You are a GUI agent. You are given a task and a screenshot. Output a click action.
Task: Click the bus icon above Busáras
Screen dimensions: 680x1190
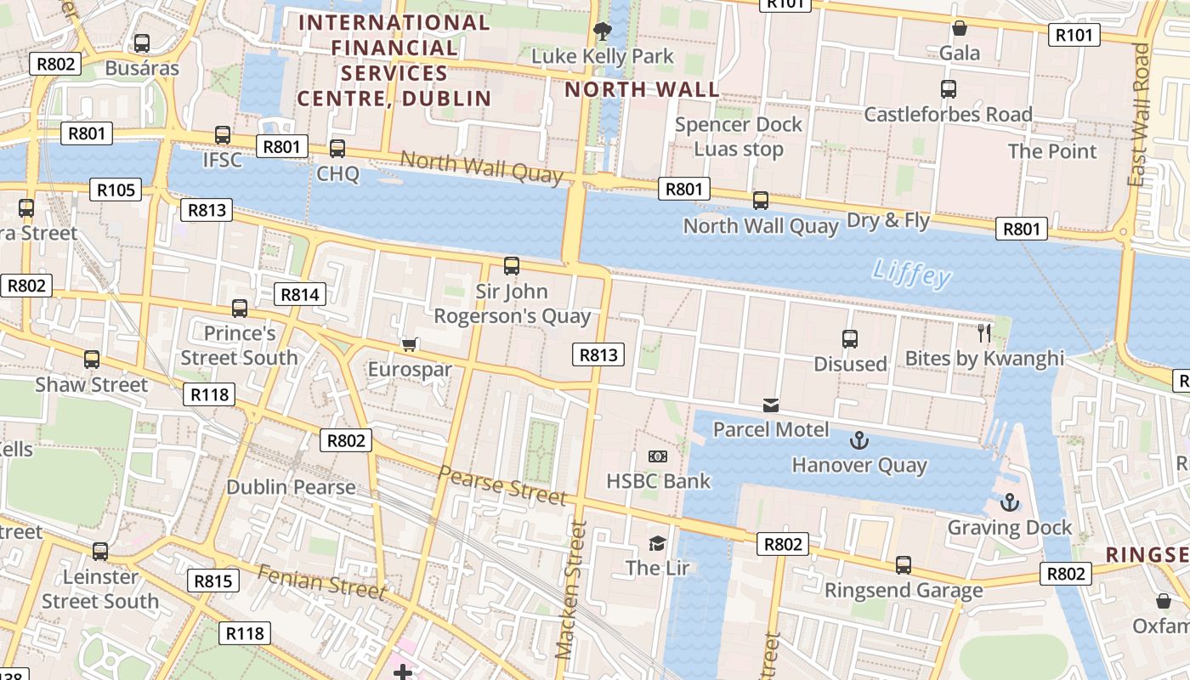142,42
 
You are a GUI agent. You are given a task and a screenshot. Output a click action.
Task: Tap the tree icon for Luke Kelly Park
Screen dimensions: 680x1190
603,31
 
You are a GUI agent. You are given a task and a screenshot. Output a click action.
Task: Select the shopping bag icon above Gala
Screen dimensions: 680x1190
960,28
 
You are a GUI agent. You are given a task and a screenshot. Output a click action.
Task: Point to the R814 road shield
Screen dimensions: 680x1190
300,295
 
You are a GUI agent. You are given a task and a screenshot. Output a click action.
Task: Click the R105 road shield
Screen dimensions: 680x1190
116,190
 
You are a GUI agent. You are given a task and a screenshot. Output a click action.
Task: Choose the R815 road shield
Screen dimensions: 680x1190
213,581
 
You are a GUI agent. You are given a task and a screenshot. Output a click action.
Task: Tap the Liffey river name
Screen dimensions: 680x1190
911,274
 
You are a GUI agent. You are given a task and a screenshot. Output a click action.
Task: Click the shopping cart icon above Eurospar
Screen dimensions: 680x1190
410,344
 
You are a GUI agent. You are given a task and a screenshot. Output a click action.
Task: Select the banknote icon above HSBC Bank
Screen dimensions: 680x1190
658,456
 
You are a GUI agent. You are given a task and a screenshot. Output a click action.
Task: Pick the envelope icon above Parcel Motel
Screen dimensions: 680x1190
771,405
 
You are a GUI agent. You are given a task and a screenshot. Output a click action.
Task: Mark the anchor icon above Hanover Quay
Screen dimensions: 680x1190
859,440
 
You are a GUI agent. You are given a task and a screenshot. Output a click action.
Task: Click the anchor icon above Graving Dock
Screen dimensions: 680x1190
1010,502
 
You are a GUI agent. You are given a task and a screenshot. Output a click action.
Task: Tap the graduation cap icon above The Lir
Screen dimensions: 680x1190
657,543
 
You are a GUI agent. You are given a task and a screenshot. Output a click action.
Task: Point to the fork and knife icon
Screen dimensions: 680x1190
984,332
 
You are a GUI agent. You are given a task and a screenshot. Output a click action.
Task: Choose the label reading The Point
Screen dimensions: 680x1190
1052,151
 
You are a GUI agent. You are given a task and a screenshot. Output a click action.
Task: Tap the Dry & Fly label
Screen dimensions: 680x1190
888,221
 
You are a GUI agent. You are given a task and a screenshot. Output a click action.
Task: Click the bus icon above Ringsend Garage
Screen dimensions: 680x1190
904,565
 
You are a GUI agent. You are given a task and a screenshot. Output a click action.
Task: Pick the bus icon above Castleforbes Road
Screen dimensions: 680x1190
949,88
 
